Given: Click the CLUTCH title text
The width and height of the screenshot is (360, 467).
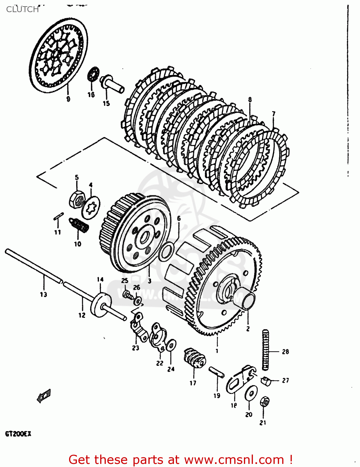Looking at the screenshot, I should [22, 9].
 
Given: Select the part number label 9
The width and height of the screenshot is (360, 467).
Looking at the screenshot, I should [68, 99].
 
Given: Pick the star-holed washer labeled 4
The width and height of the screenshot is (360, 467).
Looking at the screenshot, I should [91, 207].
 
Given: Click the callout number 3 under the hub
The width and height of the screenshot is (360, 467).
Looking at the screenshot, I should [149, 281].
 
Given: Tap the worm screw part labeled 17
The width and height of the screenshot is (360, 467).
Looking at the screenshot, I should [194, 360].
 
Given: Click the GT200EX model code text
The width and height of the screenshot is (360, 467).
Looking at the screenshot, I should [18, 434].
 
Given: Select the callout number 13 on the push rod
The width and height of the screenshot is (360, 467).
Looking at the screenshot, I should [43, 294].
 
